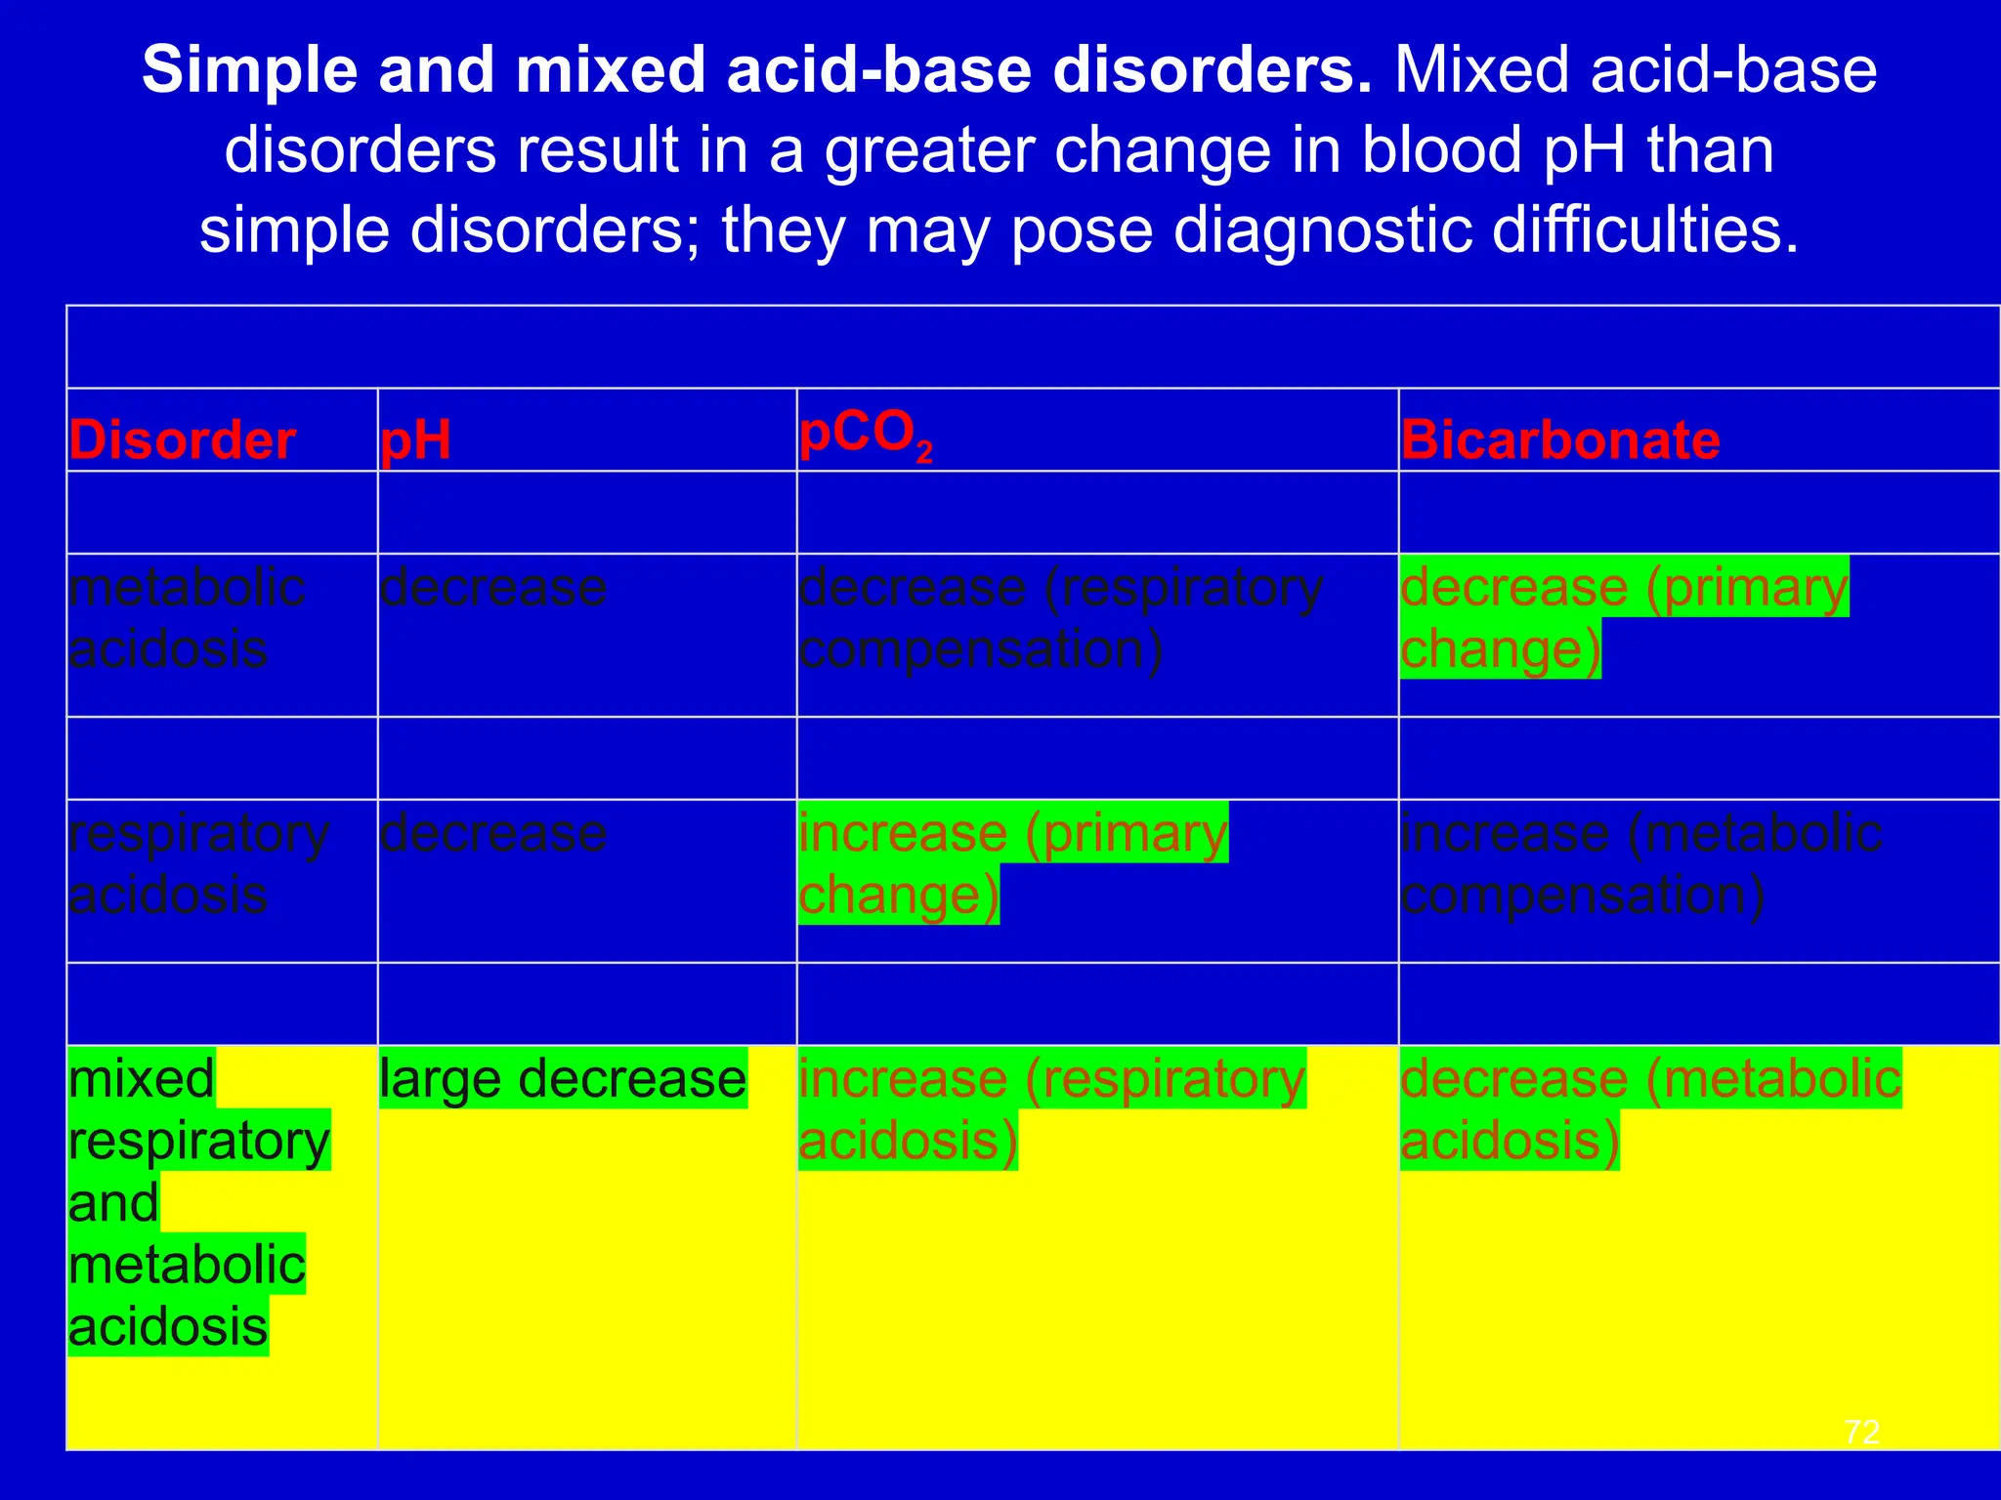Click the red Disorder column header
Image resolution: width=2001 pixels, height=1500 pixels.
(x=182, y=440)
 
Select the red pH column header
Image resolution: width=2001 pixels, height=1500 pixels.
(x=415, y=440)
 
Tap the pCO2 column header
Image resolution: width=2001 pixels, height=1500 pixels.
(x=866, y=436)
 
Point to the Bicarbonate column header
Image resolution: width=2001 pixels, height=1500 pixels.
(x=1559, y=440)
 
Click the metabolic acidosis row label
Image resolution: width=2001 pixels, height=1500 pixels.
(x=187, y=618)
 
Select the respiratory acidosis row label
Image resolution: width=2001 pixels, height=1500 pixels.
(x=198, y=863)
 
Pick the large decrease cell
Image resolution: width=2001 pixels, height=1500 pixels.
(x=563, y=1079)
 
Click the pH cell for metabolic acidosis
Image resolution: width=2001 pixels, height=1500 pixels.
(x=493, y=588)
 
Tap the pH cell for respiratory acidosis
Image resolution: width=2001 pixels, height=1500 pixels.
(x=493, y=834)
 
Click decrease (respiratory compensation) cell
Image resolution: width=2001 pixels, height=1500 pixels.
(x=1060, y=618)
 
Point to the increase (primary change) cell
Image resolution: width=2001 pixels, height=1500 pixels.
(x=1012, y=863)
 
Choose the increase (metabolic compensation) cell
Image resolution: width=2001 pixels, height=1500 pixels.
(x=1640, y=863)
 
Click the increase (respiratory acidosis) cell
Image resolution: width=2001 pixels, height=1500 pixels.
(x=1051, y=1109)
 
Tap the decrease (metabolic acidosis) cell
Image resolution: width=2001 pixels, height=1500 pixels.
(x=1650, y=1109)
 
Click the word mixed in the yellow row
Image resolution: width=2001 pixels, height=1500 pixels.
(x=142, y=1079)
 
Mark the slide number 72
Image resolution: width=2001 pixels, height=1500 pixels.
(x=1861, y=1432)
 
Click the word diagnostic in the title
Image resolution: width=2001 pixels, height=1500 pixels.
(x=1322, y=230)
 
